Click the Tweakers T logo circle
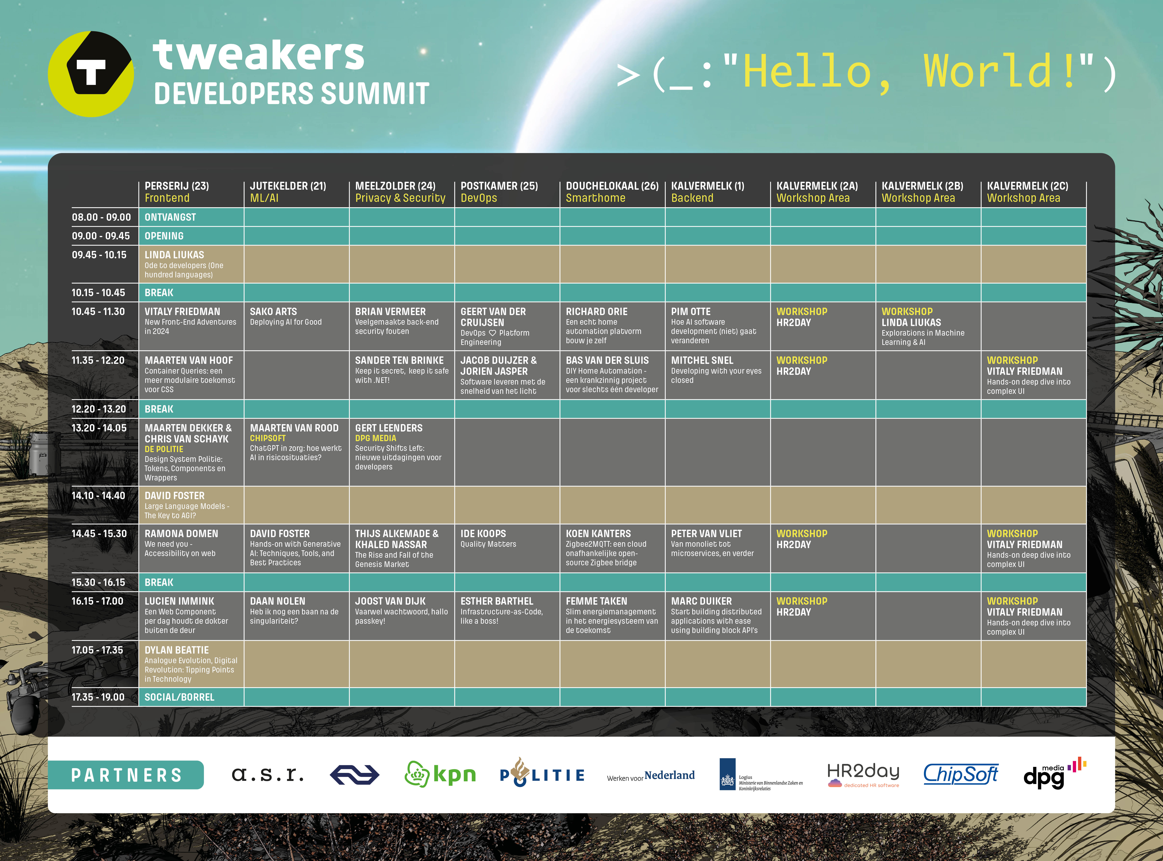tap(91, 74)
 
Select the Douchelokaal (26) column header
tap(612, 192)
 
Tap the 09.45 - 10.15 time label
tap(99, 255)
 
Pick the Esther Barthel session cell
tap(507, 615)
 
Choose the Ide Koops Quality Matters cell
tap(507, 548)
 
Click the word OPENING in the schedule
tap(164, 236)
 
